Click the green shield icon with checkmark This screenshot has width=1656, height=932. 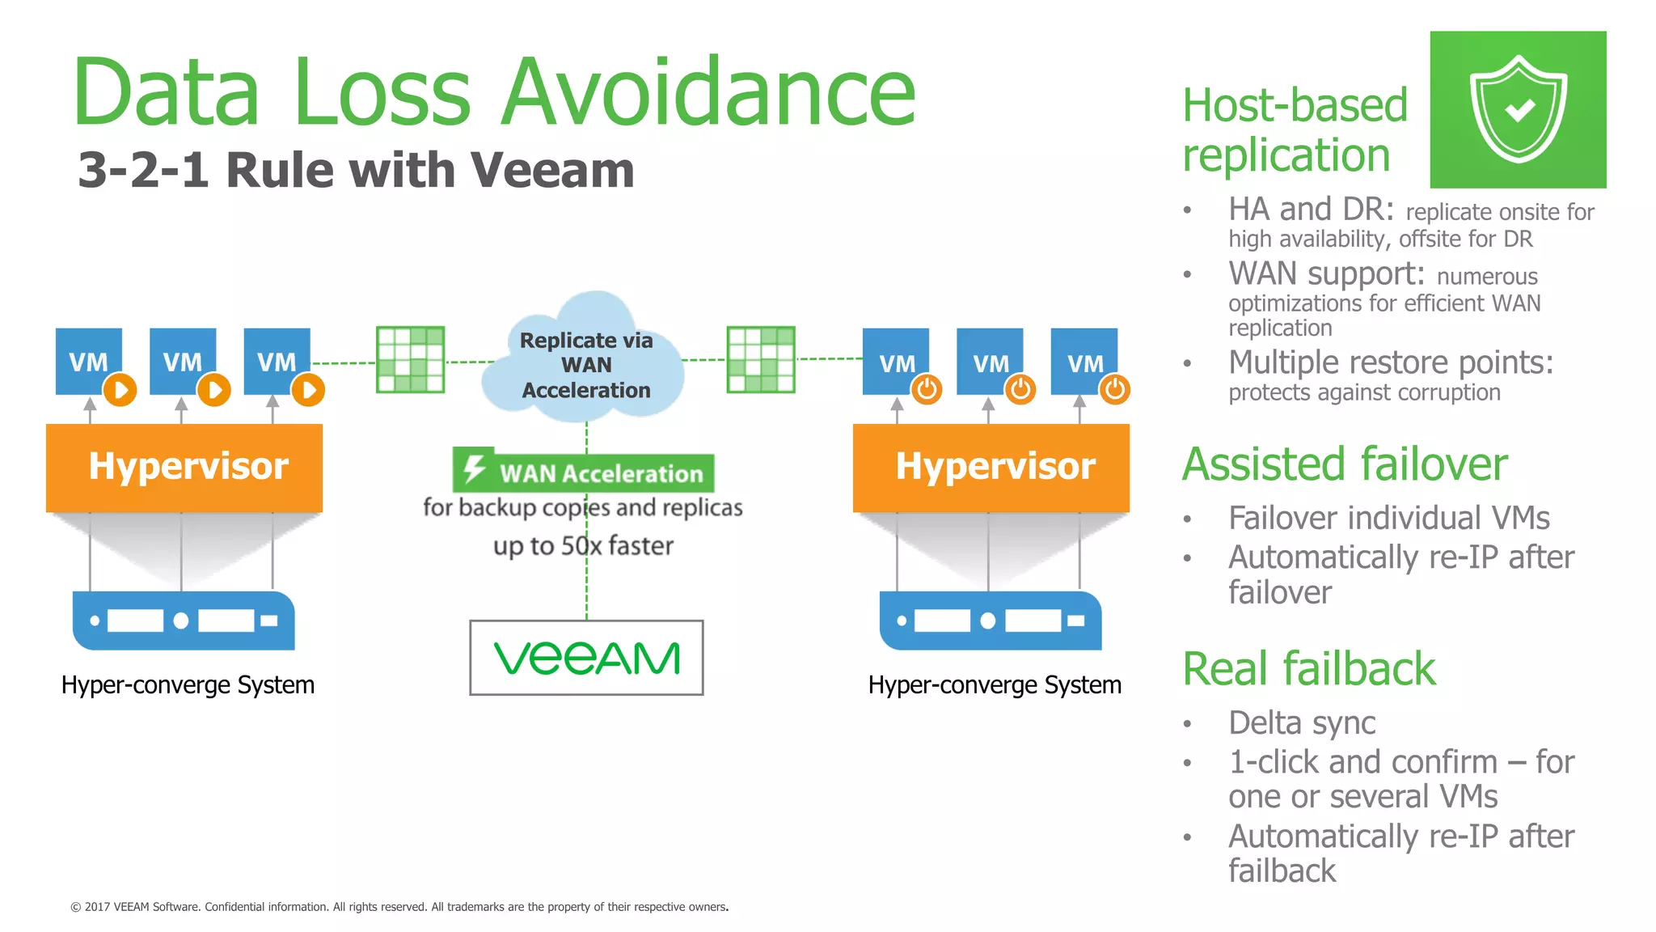coord(1518,109)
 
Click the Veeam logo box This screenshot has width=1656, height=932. coord(586,657)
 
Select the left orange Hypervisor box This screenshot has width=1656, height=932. coord(184,468)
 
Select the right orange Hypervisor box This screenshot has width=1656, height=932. coord(991,468)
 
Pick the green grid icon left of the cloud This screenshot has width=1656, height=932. coord(411,359)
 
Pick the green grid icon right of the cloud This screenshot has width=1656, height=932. coord(761,359)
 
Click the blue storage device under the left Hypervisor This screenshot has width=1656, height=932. coord(184,621)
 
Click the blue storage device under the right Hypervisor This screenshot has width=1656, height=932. coord(991,621)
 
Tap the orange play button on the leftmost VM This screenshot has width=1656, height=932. coord(120,391)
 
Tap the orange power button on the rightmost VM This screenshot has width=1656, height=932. coord(1115,390)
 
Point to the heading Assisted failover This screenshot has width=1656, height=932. coord(1345,464)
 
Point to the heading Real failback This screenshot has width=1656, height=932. coord(1308,669)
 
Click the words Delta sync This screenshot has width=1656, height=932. coord(1302,722)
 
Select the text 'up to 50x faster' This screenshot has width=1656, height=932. coord(583,546)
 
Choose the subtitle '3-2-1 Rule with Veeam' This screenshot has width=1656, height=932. coord(356,171)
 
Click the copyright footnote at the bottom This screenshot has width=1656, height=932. coord(399,907)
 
